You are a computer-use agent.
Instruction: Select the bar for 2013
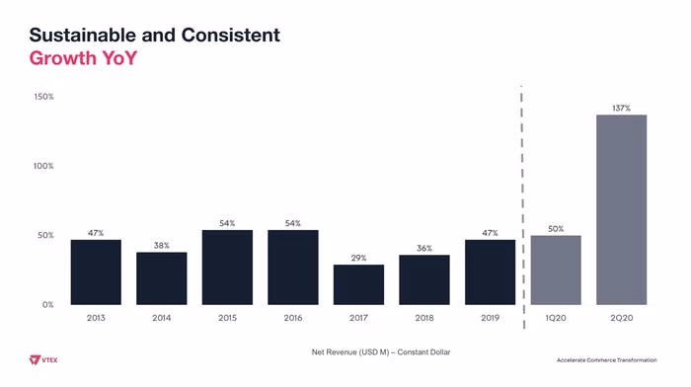(x=96, y=271)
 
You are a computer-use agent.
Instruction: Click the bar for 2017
(x=358, y=284)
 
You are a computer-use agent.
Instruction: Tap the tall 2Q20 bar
(x=621, y=210)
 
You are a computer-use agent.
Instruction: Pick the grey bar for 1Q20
(x=556, y=270)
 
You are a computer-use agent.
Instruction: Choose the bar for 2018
(x=424, y=279)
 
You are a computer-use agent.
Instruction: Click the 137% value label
(x=621, y=108)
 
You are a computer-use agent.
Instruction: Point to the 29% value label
(x=358, y=258)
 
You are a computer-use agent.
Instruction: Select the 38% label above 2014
(x=162, y=246)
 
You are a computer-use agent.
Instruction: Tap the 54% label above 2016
(x=293, y=223)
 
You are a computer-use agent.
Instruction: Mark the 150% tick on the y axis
(x=44, y=97)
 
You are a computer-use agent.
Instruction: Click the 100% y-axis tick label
(x=43, y=166)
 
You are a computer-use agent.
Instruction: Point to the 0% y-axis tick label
(x=48, y=305)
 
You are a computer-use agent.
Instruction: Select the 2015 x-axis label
(x=227, y=318)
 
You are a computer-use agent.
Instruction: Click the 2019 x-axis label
(x=490, y=318)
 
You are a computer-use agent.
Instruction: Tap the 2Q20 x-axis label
(x=621, y=318)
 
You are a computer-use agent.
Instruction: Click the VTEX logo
(x=43, y=360)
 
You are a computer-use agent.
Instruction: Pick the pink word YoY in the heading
(x=119, y=58)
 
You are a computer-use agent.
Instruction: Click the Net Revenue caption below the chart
(x=381, y=352)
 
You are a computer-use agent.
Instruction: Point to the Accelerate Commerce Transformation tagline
(x=606, y=360)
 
